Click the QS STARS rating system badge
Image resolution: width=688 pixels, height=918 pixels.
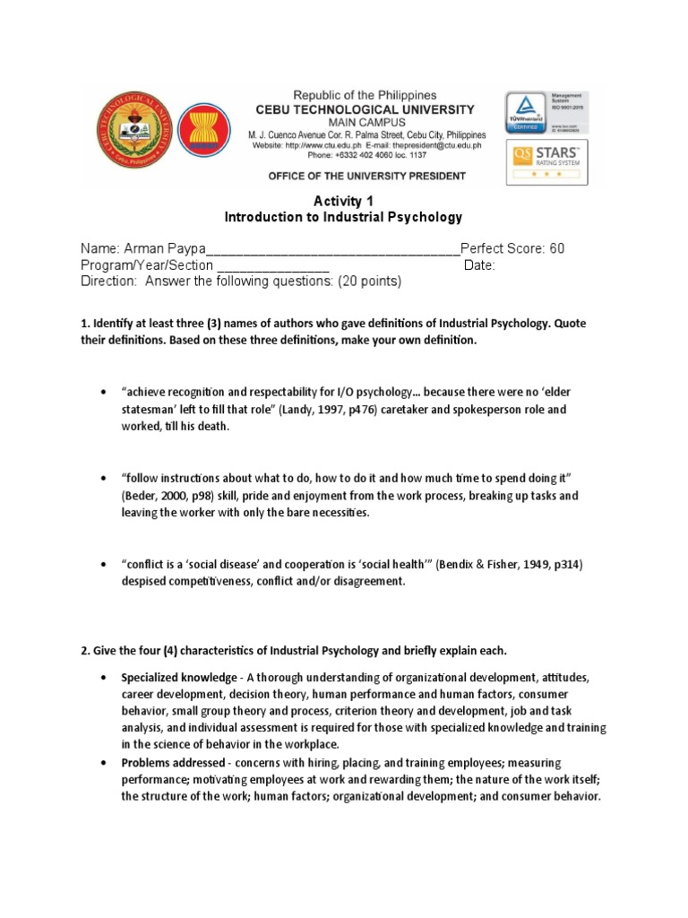[x=546, y=161]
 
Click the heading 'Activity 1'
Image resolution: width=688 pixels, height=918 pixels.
[x=343, y=202]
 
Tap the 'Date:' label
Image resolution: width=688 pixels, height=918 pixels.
[x=479, y=265]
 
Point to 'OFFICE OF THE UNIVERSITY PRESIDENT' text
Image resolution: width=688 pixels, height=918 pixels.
[x=366, y=176]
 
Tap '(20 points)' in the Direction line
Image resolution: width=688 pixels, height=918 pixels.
[x=369, y=281]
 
